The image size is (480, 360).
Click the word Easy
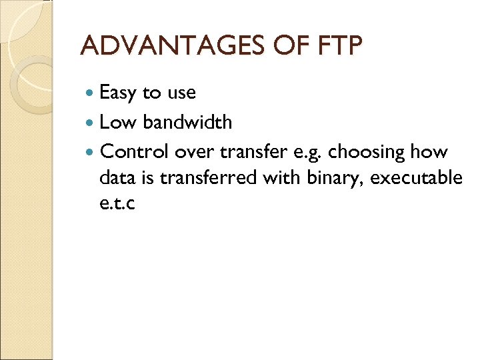pyautogui.click(x=118, y=93)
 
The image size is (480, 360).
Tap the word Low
pyautogui.click(x=119, y=123)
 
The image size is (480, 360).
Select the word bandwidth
pyautogui.click(x=187, y=123)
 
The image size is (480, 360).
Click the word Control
pyautogui.click(x=135, y=152)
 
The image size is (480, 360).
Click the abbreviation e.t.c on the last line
pyautogui.click(x=117, y=203)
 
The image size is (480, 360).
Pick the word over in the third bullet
pyautogui.click(x=193, y=153)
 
